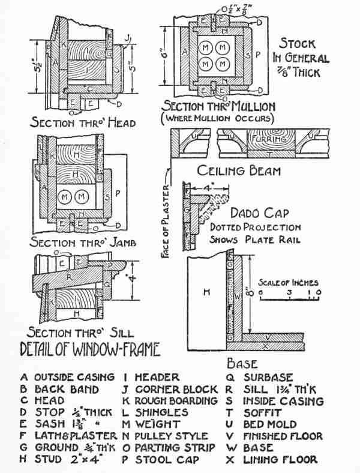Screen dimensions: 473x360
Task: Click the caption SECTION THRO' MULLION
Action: [219, 106]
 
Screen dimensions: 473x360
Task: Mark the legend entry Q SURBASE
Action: [261, 378]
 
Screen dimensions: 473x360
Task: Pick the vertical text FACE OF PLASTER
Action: [170, 221]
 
